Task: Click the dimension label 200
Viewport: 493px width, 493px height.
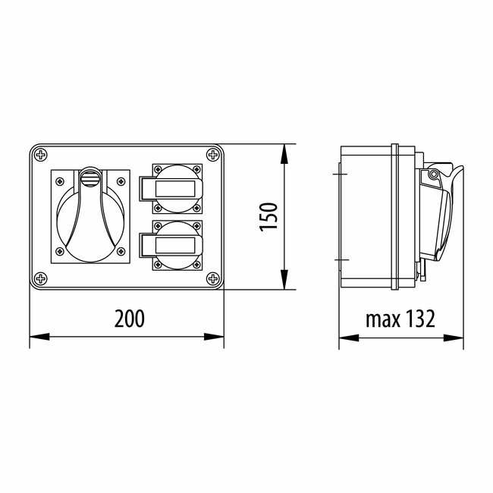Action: (x=129, y=319)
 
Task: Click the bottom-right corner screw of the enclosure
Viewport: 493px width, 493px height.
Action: (x=212, y=278)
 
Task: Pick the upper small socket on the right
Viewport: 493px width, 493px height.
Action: (x=176, y=187)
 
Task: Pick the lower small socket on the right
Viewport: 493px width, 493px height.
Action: (x=176, y=244)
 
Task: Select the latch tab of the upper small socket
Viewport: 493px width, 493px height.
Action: (x=146, y=187)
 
